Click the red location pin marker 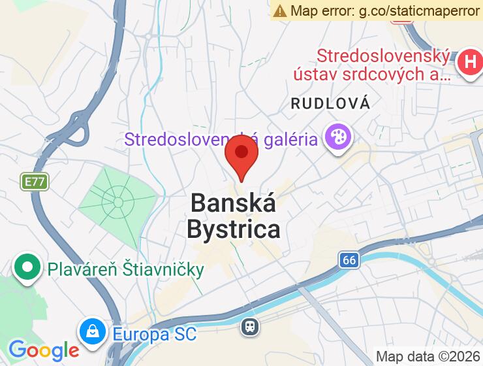click(x=241, y=154)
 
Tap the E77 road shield click(x=35, y=181)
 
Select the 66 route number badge click(x=350, y=260)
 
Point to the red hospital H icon click(x=469, y=63)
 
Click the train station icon click(x=250, y=326)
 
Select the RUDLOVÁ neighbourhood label click(x=330, y=103)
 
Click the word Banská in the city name click(x=233, y=203)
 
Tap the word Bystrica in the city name click(x=234, y=229)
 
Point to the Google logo click(x=43, y=350)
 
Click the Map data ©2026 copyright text click(x=428, y=356)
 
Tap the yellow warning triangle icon click(x=280, y=10)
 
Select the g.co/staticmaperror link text click(x=419, y=10)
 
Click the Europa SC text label click(x=154, y=334)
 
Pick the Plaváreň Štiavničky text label click(x=125, y=269)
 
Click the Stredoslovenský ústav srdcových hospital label click(x=383, y=65)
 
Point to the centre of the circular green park click(x=118, y=201)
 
